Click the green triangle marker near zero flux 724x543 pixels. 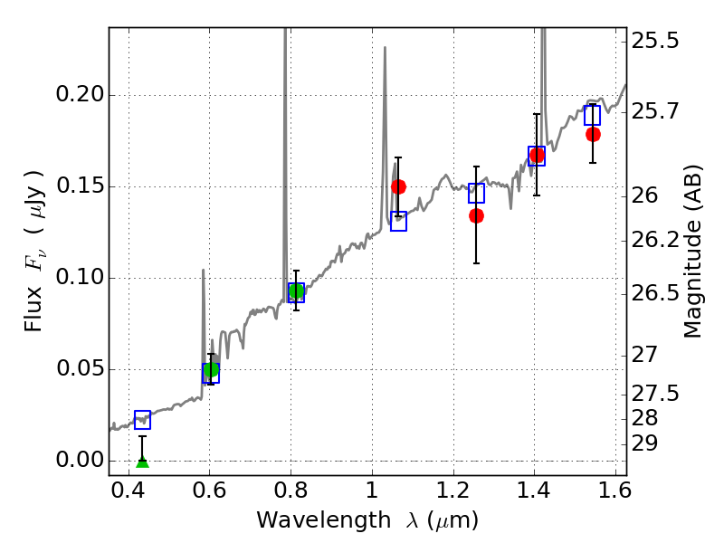point(142,462)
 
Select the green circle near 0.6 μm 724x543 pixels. point(211,369)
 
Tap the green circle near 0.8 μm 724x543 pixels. point(296,291)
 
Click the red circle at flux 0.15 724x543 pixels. point(398,186)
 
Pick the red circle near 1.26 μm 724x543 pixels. point(477,215)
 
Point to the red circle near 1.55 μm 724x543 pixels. point(593,134)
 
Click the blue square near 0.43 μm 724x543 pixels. point(142,420)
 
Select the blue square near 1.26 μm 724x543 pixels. point(477,193)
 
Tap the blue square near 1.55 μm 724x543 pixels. point(593,115)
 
